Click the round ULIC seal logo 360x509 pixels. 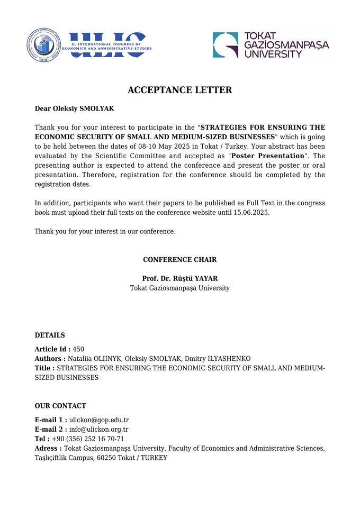[44, 45]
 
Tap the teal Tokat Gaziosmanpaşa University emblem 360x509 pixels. [226, 45]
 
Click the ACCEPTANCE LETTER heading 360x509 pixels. [180, 90]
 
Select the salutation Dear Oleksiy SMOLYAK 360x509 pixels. [74, 109]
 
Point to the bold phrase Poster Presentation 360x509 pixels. [268, 156]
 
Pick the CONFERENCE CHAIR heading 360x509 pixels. [179, 260]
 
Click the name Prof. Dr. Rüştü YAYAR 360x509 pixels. [179, 279]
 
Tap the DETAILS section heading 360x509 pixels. [50, 335]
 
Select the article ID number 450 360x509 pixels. [78, 349]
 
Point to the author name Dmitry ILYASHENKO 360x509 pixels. [218, 359]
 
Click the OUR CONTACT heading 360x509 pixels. [60, 406]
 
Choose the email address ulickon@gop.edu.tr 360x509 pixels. [99, 420]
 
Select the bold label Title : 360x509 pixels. [44, 368]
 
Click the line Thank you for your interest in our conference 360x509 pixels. [105, 232]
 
